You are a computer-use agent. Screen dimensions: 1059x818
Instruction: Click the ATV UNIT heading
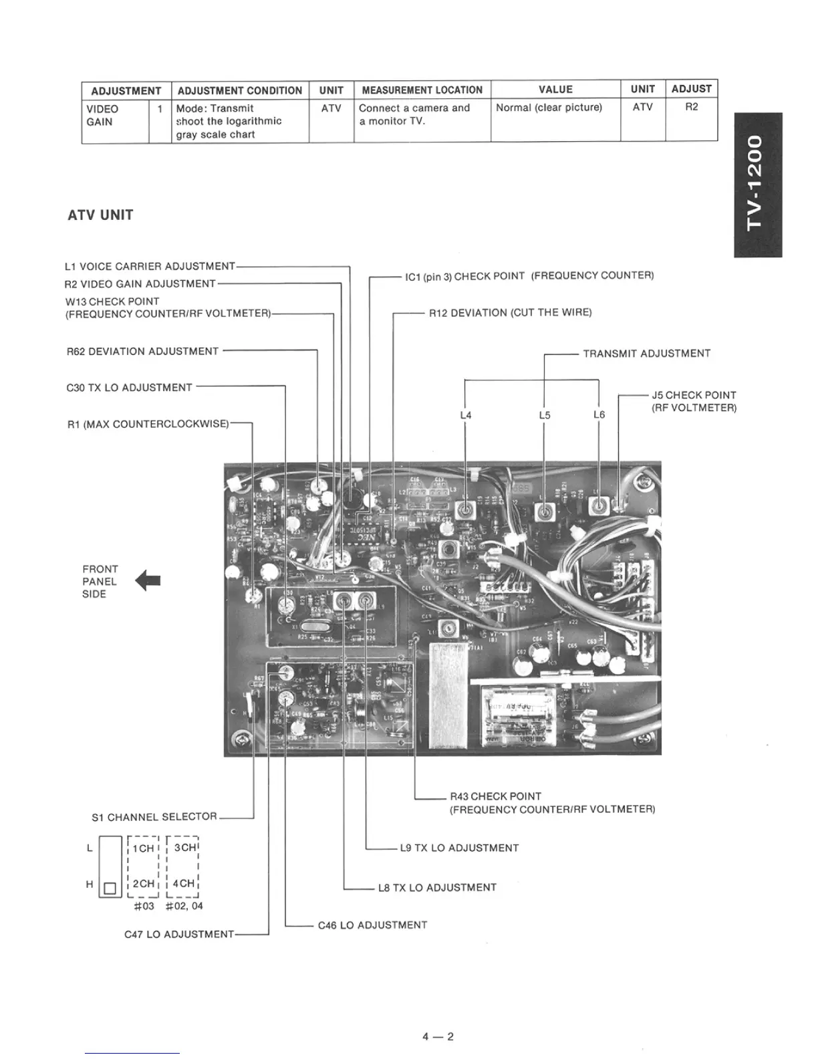(100, 215)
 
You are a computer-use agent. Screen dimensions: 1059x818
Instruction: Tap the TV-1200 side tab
(757, 185)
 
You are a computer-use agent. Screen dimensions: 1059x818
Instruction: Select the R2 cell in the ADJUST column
(691, 107)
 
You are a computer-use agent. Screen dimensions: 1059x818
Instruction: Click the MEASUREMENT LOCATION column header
(422, 90)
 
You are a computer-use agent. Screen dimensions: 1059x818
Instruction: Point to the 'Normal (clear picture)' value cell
(549, 108)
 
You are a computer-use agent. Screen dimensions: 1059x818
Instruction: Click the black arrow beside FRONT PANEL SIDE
(148, 581)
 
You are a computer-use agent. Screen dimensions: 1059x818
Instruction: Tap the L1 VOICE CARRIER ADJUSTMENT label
(150, 266)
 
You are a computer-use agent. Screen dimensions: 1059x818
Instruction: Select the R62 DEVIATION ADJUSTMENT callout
(142, 351)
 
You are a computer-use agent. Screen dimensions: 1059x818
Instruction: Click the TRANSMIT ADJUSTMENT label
(646, 354)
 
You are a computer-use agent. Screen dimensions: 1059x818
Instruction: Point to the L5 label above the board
(545, 415)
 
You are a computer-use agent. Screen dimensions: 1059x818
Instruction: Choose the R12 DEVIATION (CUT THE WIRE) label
(510, 312)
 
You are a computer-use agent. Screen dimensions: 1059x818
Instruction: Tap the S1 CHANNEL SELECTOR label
(154, 817)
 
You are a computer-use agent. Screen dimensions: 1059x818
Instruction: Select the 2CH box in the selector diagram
(144, 883)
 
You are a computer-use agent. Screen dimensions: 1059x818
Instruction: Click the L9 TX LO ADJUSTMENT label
(459, 848)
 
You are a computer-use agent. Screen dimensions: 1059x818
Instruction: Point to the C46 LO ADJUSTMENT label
(372, 925)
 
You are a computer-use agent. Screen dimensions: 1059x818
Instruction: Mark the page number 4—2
(438, 1037)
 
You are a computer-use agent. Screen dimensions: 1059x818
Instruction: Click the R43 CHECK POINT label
(495, 796)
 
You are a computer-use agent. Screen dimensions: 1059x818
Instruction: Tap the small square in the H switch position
(110, 889)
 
